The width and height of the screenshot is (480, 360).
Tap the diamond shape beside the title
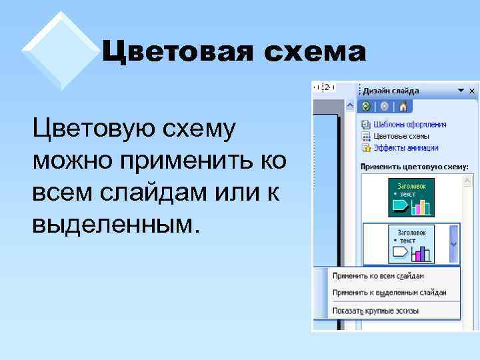(x=61, y=50)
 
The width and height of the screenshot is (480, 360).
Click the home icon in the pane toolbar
(x=403, y=107)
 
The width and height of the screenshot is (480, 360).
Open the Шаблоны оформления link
(x=409, y=124)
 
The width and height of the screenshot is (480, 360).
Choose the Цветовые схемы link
(x=401, y=136)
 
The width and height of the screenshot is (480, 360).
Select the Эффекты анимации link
(x=405, y=148)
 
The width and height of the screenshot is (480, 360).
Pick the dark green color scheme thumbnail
(x=411, y=197)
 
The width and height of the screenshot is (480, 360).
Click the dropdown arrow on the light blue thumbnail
(x=454, y=244)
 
